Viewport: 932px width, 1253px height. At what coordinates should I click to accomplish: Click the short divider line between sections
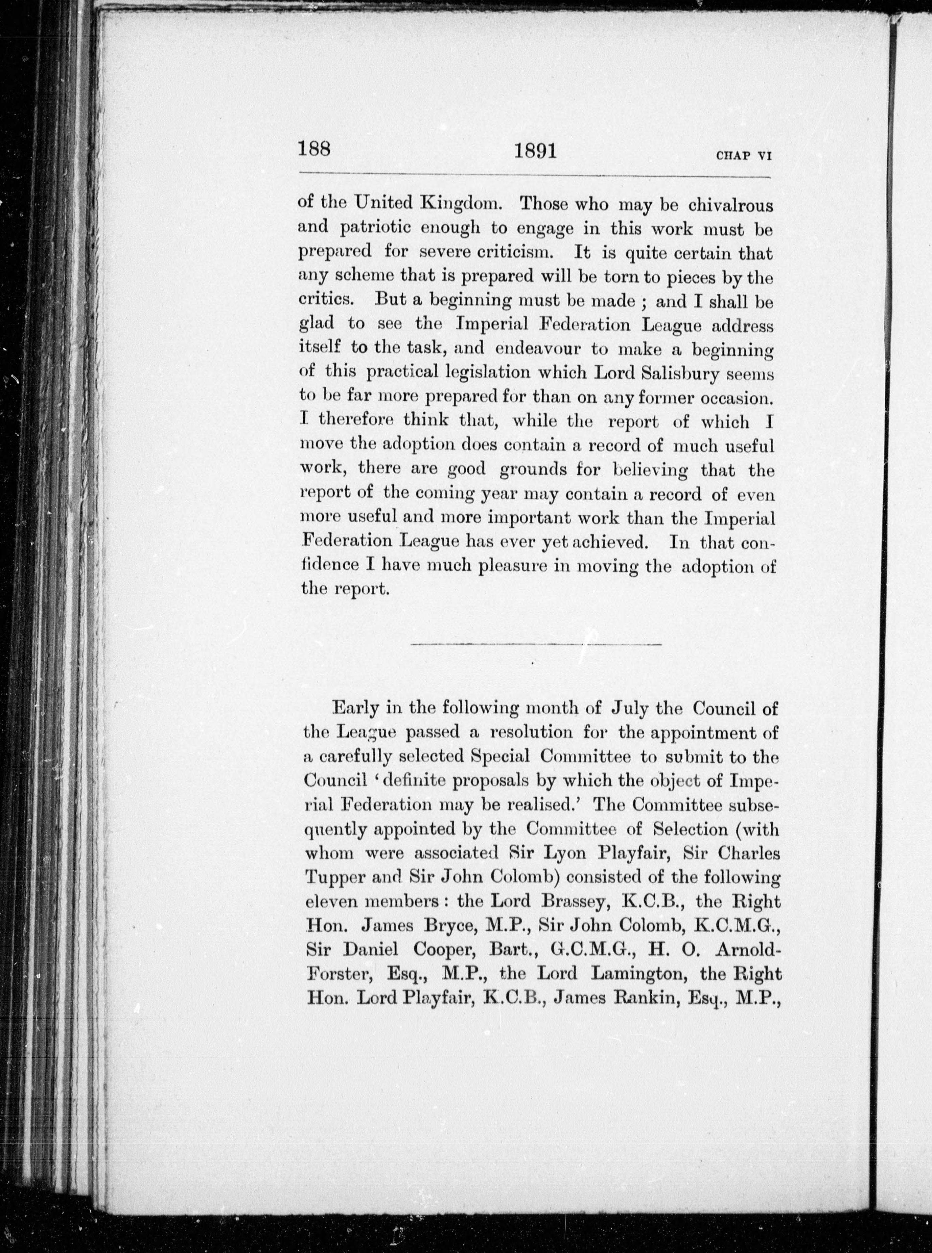coord(536,644)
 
